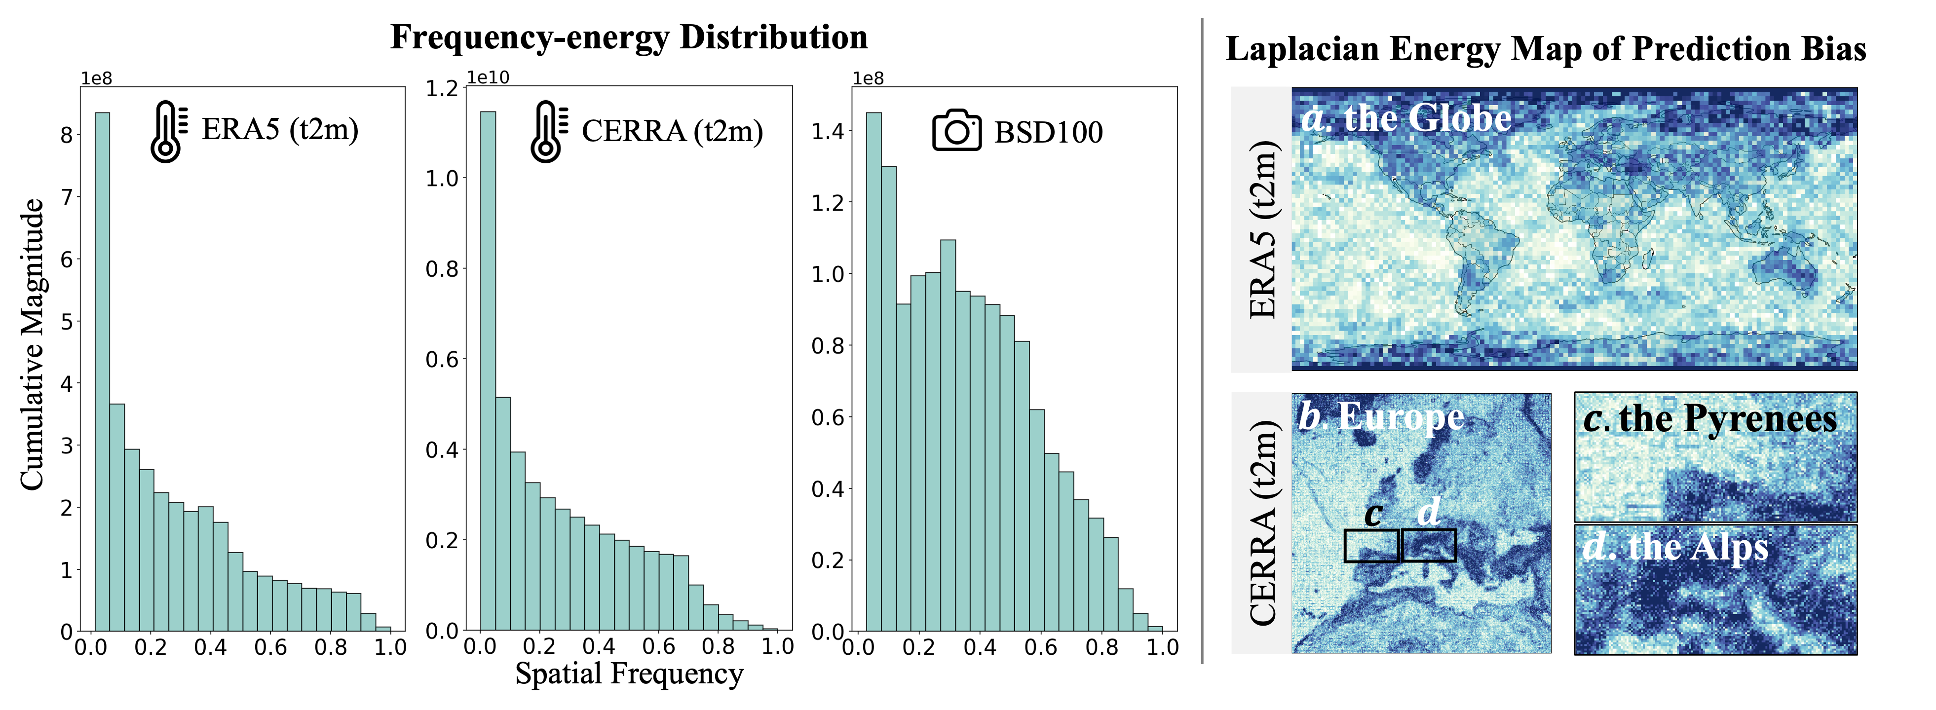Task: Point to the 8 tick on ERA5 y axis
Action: (x=68, y=135)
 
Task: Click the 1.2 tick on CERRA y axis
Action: (x=442, y=89)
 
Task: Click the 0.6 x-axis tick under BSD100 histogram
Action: (x=1041, y=647)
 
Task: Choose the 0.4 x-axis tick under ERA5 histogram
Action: (x=210, y=647)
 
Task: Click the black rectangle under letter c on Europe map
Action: (x=1371, y=546)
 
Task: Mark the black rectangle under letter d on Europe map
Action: (x=1429, y=546)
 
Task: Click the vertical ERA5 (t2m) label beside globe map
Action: (x=1262, y=229)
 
